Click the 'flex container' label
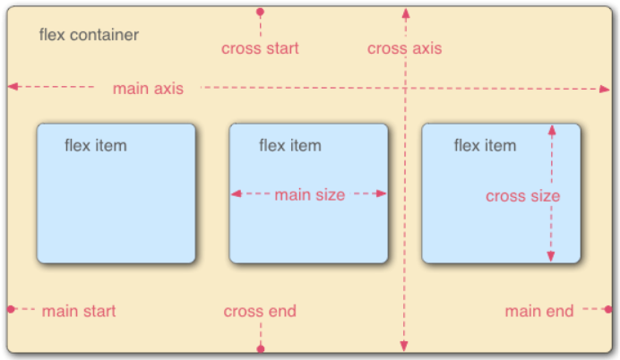coord(89,36)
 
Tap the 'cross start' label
coord(260,48)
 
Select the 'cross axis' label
coord(404,48)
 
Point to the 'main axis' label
coord(148,89)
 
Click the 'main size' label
coord(309,194)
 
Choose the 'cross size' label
coord(522,196)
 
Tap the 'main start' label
coord(79,312)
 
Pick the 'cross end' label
coord(260,312)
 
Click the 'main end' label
coord(538,312)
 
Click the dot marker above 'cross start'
coord(260,13)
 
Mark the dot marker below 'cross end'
coord(260,348)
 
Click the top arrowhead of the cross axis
coord(405,13)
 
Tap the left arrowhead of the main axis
coord(13,87)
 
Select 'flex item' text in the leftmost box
coord(95,146)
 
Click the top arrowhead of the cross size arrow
coord(551,130)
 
